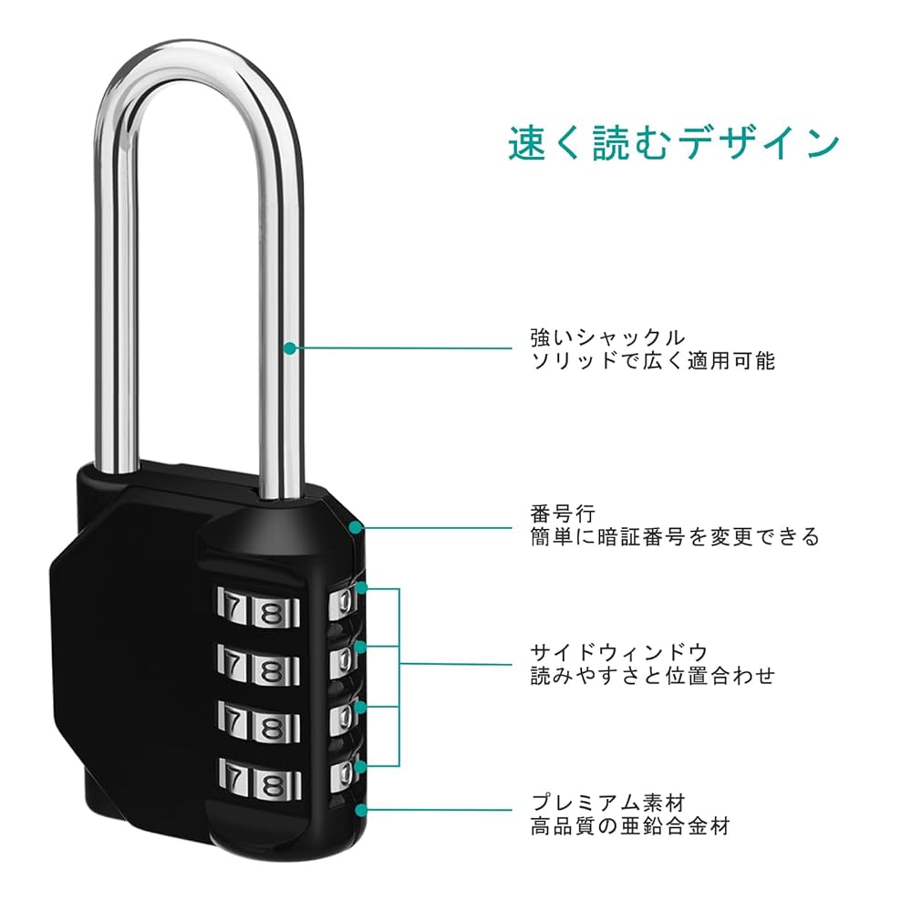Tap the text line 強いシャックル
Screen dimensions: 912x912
point(606,337)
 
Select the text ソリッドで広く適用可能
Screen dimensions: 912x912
point(652,361)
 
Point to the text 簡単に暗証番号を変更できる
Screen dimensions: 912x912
point(675,537)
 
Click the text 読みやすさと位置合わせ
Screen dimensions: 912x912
point(652,676)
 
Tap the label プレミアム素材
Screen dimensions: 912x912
point(607,803)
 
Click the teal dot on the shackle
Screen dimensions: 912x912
point(290,347)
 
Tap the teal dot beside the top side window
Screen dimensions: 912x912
point(362,589)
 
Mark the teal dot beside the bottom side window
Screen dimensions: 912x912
point(362,763)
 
